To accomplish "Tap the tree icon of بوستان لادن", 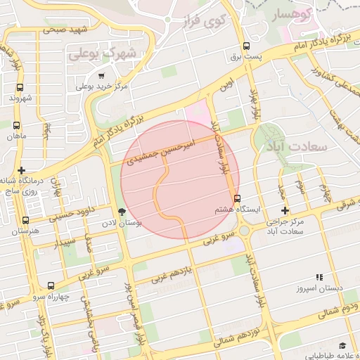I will click(123, 211).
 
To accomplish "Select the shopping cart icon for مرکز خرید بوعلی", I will click(102, 76).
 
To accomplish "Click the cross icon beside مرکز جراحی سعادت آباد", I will click(285, 210).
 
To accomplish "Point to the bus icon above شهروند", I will click(18, 88).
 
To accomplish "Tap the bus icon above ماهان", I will click(17, 124).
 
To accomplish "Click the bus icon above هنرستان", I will click(26, 220).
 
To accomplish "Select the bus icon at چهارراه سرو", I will click(50, 285).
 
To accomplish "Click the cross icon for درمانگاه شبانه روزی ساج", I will click(22, 170).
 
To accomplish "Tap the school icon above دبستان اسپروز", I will click(319, 278).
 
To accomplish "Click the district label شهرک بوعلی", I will click(102, 53).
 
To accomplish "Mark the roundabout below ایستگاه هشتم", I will click(244, 230).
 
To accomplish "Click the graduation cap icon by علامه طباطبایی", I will click(342, 345).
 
